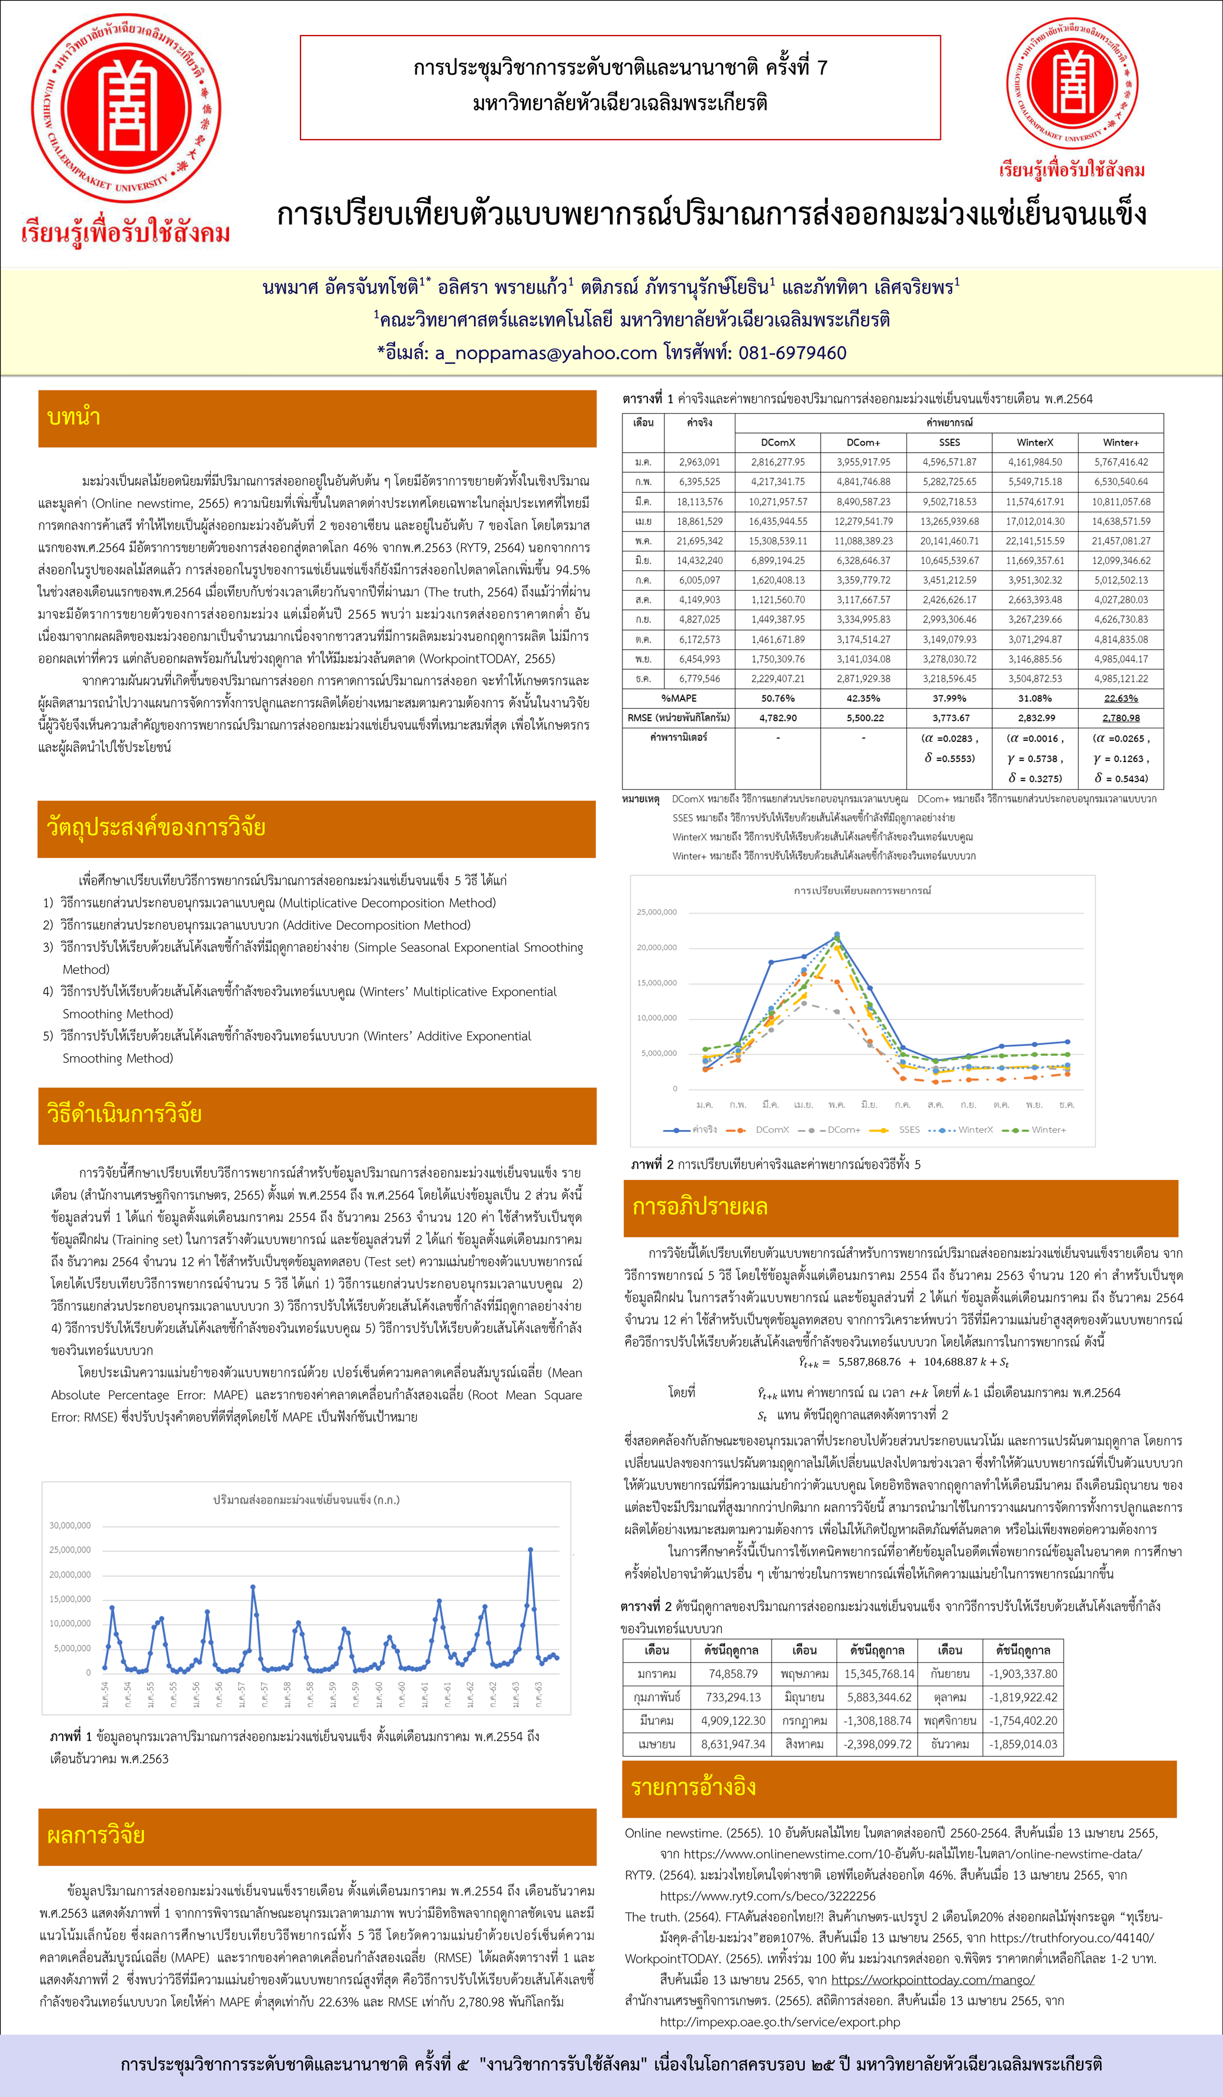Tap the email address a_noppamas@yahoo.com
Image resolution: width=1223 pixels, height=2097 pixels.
546,353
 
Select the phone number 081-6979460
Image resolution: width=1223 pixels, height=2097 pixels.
792,353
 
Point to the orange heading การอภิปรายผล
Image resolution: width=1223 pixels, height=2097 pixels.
700,1206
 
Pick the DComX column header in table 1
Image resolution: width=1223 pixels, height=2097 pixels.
778,443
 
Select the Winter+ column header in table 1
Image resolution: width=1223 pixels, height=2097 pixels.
1121,443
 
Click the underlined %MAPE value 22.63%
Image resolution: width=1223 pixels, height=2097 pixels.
1121,698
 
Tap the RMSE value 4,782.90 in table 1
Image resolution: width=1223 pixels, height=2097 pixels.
778,717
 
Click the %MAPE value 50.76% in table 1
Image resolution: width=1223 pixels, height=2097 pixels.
778,698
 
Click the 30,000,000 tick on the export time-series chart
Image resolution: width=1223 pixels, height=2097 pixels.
70,1525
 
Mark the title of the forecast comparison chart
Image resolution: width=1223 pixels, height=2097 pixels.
862,891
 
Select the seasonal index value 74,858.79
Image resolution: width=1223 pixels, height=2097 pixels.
733,1673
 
